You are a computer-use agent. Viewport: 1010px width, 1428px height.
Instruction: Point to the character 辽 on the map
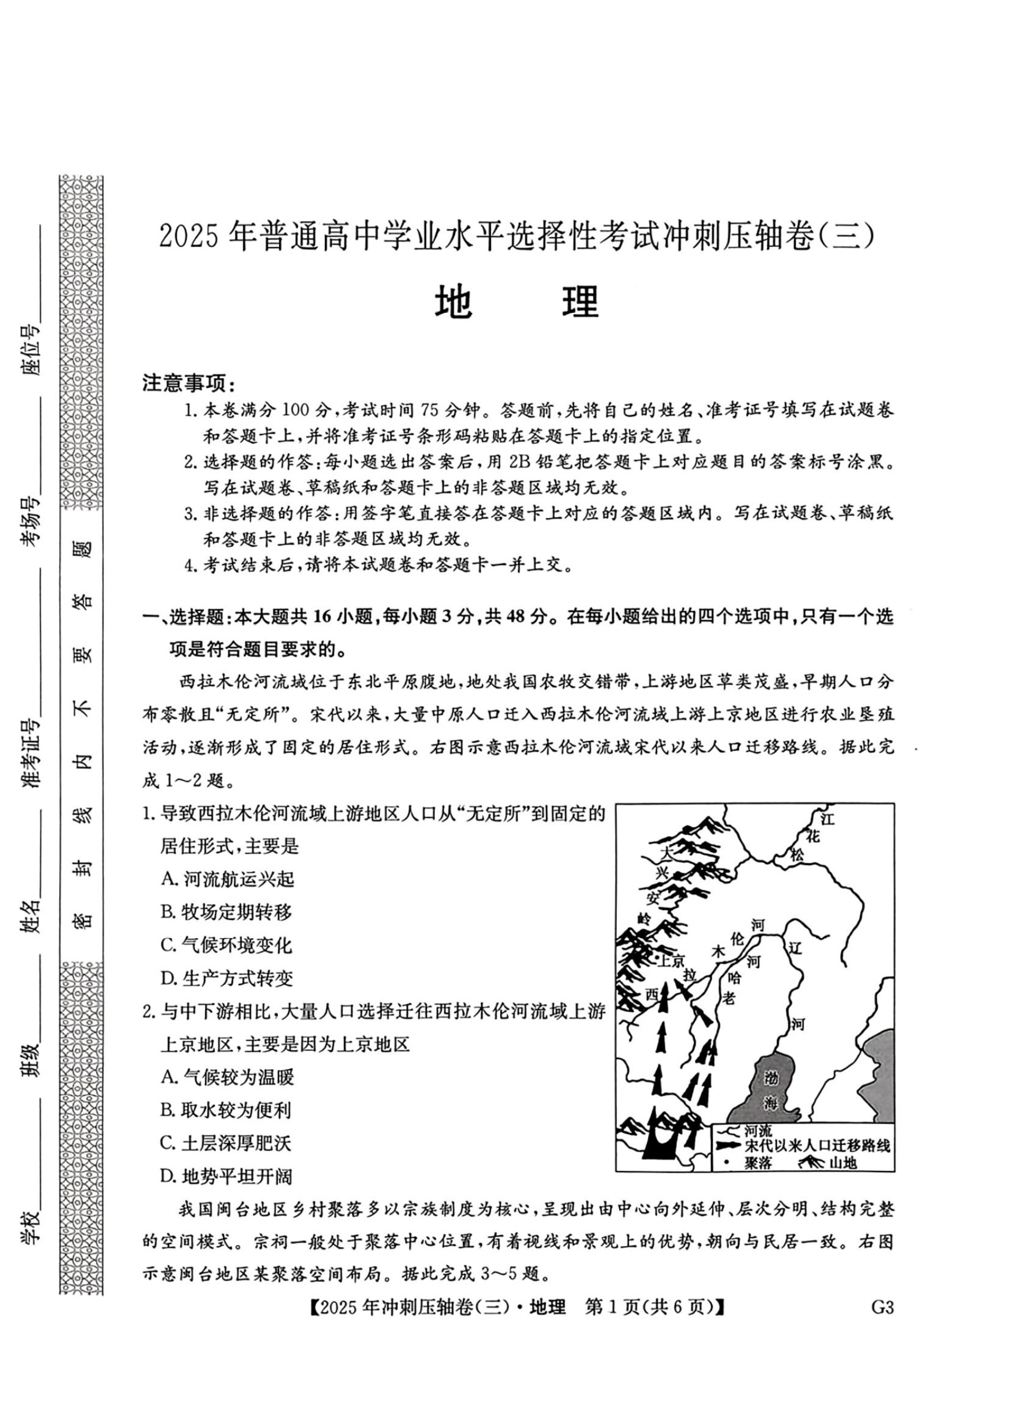pos(795,948)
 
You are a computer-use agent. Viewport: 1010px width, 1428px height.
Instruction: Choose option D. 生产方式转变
pos(227,978)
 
